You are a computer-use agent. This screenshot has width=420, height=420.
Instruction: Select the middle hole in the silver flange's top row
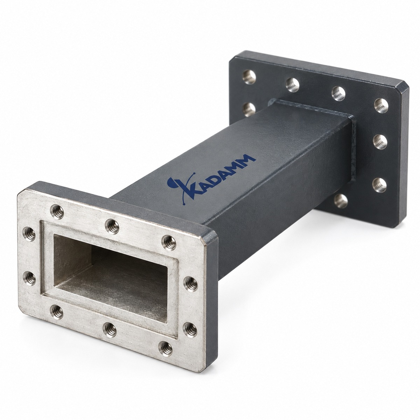click(x=112, y=226)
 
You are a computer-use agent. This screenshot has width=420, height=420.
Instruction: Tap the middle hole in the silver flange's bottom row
click(x=110, y=329)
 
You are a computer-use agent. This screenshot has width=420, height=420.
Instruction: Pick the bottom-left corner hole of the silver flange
click(x=56, y=312)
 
